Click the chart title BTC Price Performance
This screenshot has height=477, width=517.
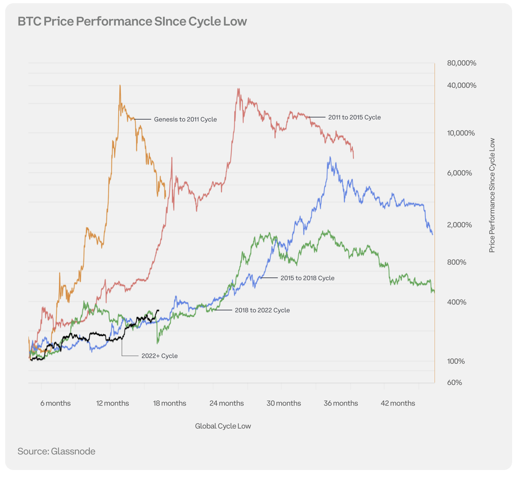pyautogui.click(x=132, y=21)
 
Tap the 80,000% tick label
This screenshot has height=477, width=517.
pyautogui.click(x=462, y=63)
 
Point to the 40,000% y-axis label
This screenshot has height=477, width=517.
pyautogui.click(x=462, y=85)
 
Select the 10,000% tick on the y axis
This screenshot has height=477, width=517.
pyautogui.click(x=461, y=133)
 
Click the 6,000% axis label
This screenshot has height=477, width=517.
pyautogui.click(x=459, y=173)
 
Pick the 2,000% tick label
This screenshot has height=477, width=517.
pyautogui.click(x=459, y=225)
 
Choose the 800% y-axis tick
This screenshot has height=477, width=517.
pyautogui.click(x=457, y=262)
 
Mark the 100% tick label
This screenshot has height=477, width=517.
pyautogui.click(x=456, y=361)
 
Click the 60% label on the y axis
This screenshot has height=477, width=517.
pyautogui.click(x=455, y=383)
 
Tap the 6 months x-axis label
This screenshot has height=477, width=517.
pyautogui.click(x=55, y=403)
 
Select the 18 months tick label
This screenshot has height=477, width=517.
pyautogui.click(x=169, y=403)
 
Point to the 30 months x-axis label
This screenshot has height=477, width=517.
pyautogui.click(x=284, y=403)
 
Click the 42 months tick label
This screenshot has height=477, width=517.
pyautogui.click(x=398, y=403)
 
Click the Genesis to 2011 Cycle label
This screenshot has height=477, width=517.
pyautogui.click(x=185, y=120)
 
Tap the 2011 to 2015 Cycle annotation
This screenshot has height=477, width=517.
pyautogui.click(x=354, y=117)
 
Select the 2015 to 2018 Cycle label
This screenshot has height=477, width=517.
pyautogui.click(x=307, y=278)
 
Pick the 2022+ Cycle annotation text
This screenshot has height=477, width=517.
pyautogui.click(x=160, y=356)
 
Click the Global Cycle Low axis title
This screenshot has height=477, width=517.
pyautogui.click(x=223, y=426)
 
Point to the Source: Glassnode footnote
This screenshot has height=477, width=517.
pyautogui.click(x=56, y=451)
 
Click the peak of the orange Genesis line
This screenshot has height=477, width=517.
pyautogui.click(x=120, y=85)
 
